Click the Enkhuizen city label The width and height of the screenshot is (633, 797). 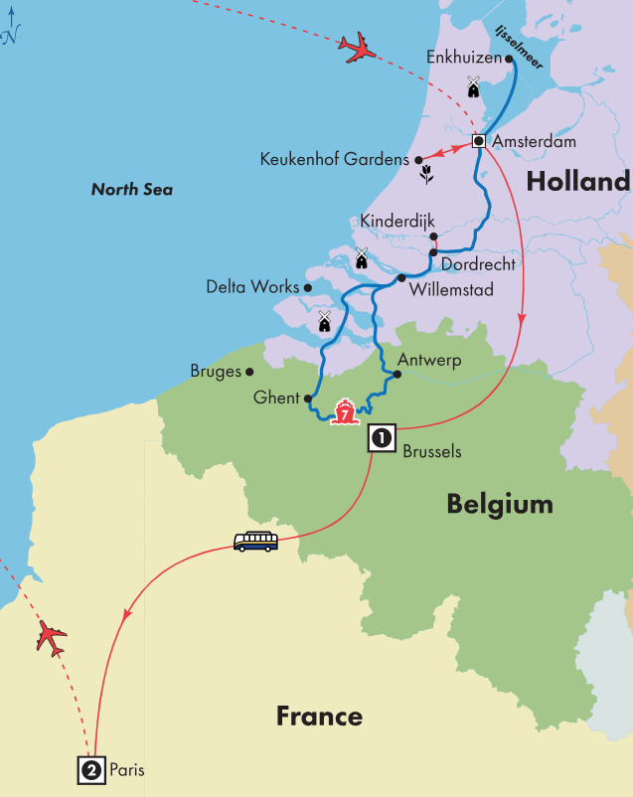click(466, 58)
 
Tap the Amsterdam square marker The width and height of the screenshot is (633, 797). click(479, 141)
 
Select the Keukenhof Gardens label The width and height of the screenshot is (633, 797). click(334, 159)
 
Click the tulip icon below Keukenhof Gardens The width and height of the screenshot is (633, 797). click(427, 177)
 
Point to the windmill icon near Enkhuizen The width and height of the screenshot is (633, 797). click(473, 86)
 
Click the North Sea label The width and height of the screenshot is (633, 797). click(132, 189)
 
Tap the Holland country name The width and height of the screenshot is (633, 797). click(577, 181)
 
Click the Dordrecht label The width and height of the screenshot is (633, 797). click(478, 264)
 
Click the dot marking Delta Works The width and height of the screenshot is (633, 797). click(308, 288)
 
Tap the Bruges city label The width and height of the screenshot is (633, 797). click(216, 372)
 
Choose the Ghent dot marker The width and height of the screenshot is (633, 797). click(309, 398)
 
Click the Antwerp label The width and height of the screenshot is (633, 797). click(429, 360)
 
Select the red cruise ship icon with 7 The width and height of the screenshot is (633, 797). click(345, 412)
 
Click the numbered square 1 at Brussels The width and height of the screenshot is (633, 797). click(382, 437)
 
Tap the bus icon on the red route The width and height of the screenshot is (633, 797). click(255, 541)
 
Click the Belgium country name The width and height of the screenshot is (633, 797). click(500, 504)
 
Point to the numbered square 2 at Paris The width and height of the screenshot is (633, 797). click(90, 769)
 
